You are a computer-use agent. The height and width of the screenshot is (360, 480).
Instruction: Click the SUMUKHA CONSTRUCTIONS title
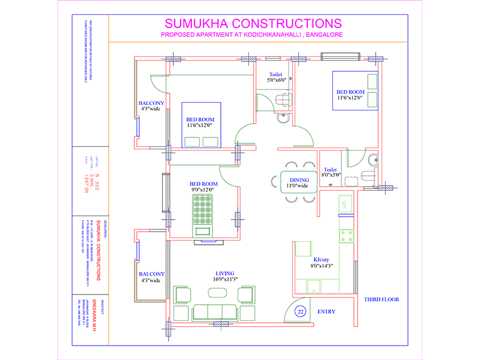pyautogui.click(x=253, y=23)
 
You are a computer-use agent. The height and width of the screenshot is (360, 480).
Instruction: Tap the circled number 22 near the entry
pyautogui.click(x=301, y=311)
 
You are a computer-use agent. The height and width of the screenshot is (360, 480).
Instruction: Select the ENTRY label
pyautogui.click(x=326, y=311)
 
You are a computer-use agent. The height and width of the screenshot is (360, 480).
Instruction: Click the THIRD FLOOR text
pyautogui.click(x=381, y=299)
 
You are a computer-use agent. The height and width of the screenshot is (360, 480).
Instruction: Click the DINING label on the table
pyautogui.click(x=299, y=179)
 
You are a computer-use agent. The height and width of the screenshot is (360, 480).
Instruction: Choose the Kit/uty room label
pyautogui.click(x=322, y=259)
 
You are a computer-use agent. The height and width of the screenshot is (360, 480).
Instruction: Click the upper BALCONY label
pyautogui.click(x=151, y=103)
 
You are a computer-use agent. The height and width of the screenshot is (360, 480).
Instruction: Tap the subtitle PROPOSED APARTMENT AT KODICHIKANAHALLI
pyautogui.click(x=252, y=36)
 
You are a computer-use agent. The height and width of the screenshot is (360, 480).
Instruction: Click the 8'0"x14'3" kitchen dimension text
pyautogui.click(x=322, y=266)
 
